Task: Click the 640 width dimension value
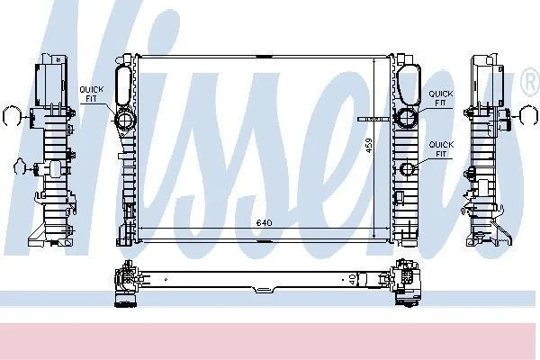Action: tap(264, 223)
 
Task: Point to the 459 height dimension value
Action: tap(368, 146)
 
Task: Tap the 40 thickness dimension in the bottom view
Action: tap(352, 279)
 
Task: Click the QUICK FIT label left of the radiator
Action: tap(91, 94)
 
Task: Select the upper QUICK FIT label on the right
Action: tap(440, 98)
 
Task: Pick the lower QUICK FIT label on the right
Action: tap(441, 149)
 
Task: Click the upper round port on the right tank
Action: tap(407, 117)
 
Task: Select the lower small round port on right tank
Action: tap(408, 168)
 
